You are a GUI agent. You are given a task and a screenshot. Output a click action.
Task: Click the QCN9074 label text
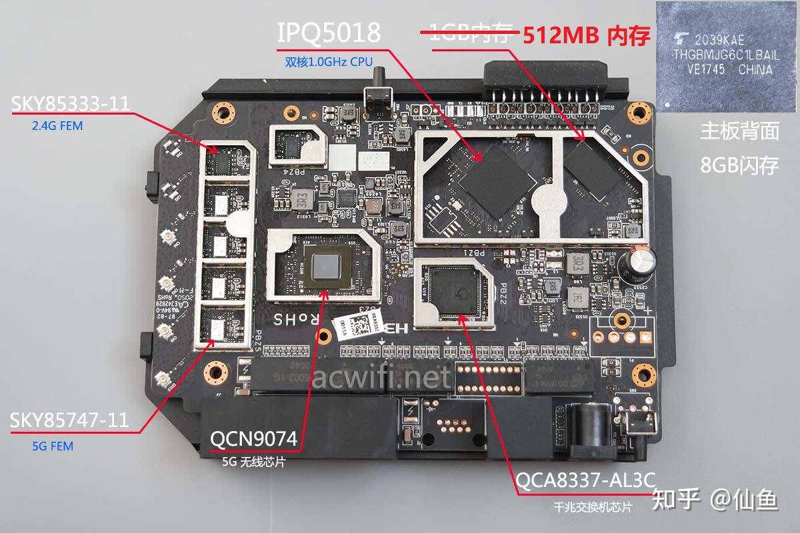point(254,438)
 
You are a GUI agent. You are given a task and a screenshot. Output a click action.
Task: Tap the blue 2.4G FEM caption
point(57,125)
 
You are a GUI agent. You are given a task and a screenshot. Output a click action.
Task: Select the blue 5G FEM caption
point(52,446)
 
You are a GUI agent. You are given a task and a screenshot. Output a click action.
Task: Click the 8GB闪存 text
point(739,165)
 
